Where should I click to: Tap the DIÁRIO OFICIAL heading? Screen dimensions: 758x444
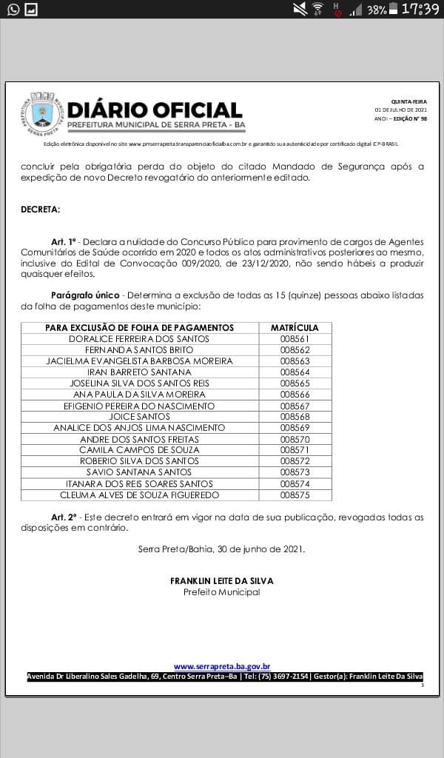pos(155,110)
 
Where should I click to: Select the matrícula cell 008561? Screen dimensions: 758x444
pos(295,339)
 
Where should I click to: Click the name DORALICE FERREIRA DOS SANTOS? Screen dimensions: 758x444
pos(139,339)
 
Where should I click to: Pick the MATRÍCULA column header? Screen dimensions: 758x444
pos(295,328)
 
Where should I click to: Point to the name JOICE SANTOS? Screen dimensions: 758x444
pos(139,417)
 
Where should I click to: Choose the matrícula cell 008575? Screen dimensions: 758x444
pos(295,494)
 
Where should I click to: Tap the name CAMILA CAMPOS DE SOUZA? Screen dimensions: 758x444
pos(139,450)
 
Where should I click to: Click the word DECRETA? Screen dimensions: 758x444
pos(41,209)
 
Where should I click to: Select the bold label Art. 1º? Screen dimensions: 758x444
pos(64,243)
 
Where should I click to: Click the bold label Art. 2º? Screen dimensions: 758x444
pos(64,517)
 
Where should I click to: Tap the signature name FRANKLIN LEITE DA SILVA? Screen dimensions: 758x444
pos(222,581)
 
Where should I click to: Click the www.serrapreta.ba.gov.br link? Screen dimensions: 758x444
pos(222,666)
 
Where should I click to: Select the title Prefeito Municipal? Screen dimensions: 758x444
pos(222,592)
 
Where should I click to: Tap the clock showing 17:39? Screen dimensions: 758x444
pos(420,9)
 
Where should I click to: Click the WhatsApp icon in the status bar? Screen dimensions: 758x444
pos(13,9)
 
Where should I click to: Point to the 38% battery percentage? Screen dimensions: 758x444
pos(376,10)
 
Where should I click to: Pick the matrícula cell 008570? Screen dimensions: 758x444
pos(295,439)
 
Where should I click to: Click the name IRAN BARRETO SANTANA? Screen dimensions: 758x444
pos(139,372)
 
